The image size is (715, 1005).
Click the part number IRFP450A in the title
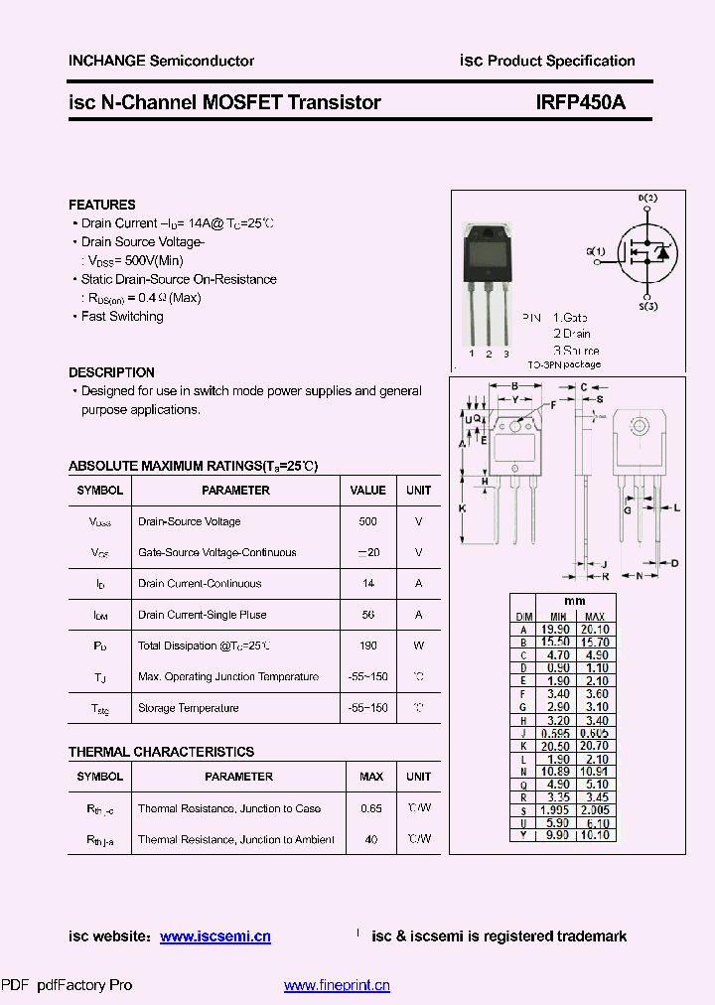click(580, 101)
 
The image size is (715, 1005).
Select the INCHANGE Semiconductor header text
click(161, 61)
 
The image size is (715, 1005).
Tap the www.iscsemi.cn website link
click(214, 935)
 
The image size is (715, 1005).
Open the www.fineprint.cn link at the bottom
click(337, 985)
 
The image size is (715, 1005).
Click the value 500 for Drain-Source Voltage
click(367, 521)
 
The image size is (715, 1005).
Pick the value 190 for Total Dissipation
click(367, 646)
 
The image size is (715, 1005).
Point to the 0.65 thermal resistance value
click(371, 808)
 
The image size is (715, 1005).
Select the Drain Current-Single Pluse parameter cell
click(203, 615)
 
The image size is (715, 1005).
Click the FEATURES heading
click(102, 205)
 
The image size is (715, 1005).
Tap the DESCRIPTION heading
click(111, 372)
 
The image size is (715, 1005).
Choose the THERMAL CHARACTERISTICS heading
click(161, 752)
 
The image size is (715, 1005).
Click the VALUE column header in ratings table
click(367, 490)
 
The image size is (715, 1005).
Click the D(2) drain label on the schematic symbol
click(647, 199)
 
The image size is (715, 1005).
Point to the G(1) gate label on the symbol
click(595, 251)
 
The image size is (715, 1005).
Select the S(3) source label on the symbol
click(647, 309)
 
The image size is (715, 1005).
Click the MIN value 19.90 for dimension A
click(555, 629)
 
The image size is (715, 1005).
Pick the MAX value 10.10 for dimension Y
click(595, 835)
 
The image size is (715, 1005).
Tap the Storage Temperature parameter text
click(189, 708)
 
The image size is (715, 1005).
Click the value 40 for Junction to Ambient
click(371, 839)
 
